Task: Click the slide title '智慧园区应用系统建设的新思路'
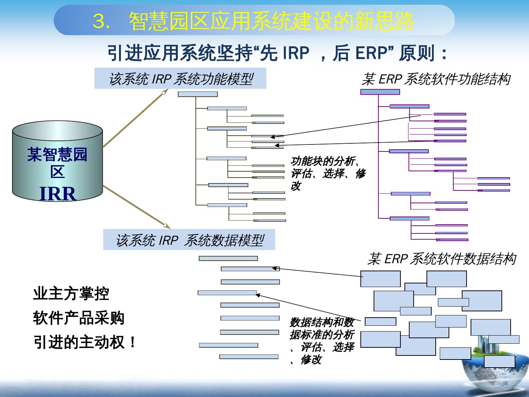(272, 21)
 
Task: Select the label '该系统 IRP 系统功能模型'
(180, 79)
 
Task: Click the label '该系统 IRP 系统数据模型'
(189, 240)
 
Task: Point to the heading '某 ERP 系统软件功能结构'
(436, 79)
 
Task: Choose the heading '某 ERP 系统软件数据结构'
(442, 259)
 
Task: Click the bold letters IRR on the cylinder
(58, 194)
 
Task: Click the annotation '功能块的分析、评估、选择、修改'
(328, 174)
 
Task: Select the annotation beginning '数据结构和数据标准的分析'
(322, 341)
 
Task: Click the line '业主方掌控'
(71, 294)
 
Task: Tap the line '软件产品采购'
(79, 318)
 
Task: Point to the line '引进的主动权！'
(85, 343)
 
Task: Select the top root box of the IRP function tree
(198, 94)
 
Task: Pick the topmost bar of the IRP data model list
(228, 258)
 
